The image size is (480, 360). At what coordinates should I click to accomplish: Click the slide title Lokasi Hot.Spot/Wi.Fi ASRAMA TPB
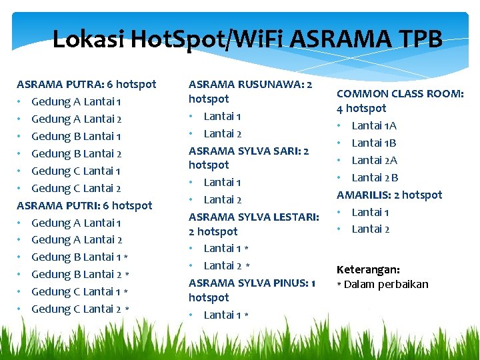[x=247, y=40]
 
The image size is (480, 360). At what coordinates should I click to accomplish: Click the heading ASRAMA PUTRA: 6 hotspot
[x=86, y=85]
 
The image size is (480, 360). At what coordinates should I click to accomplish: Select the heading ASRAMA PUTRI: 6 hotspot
[x=84, y=205]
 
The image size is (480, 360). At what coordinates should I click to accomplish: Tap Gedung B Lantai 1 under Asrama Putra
[x=76, y=136]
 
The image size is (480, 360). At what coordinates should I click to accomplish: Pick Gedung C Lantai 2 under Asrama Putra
[x=76, y=188]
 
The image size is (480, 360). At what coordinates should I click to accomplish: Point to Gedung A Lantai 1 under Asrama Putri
[x=76, y=223]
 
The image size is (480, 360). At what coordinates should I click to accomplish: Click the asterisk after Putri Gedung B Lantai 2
[x=126, y=275]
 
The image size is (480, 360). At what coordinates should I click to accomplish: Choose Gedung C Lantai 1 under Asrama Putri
[x=76, y=291]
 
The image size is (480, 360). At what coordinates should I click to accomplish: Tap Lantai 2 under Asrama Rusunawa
[x=223, y=133]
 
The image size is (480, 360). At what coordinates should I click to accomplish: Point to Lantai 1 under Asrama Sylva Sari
[x=223, y=182]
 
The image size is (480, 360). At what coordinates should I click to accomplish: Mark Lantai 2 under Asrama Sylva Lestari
[x=223, y=265]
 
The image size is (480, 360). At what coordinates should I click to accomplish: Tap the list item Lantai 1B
[x=374, y=143]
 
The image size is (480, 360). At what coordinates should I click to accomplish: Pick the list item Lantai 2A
[x=374, y=160]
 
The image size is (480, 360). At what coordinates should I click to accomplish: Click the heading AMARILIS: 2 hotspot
[x=389, y=195]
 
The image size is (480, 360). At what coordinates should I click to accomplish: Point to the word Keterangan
[x=368, y=270]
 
